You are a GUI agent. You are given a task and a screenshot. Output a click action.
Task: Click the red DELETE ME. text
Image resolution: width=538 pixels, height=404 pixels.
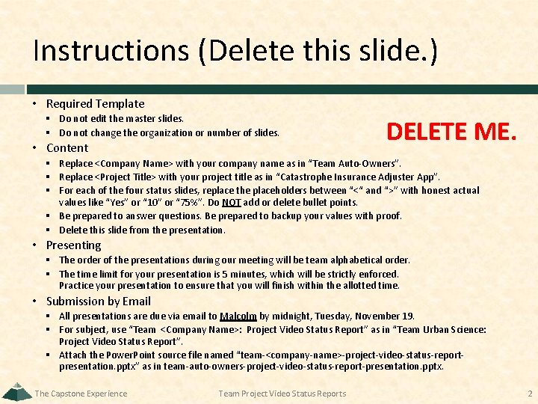[x=451, y=132]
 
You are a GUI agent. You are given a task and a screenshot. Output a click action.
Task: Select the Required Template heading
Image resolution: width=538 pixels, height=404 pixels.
[x=95, y=103]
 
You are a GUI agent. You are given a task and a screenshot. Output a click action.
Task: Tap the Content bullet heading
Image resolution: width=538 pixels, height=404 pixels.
[x=67, y=147]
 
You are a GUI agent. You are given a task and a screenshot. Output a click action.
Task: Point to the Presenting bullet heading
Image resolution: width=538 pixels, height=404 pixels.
[x=73, y=245]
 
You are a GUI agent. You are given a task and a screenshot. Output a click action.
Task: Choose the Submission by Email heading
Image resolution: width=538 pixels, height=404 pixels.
[x=98, y=301]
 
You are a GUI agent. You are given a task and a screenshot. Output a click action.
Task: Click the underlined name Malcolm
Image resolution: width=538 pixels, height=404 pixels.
[x=238, y=316]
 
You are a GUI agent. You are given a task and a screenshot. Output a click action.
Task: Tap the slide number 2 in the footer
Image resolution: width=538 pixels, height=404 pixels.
[x=529, y=394]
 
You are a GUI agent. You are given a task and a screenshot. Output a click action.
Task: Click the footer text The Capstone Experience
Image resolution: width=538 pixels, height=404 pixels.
[x=81, y=394]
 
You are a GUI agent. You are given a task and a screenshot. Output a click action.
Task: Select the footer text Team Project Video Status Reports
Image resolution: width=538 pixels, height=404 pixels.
[x=282, y=394]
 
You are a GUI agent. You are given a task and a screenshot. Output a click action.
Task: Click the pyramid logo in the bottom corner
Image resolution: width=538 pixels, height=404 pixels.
[x=16, y=391]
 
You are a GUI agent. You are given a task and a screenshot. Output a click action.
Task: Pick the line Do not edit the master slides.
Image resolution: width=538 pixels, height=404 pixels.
[x=121, y=118]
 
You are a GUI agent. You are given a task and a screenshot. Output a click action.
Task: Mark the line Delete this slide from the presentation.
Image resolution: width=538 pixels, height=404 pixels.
[x=141, y=230]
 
